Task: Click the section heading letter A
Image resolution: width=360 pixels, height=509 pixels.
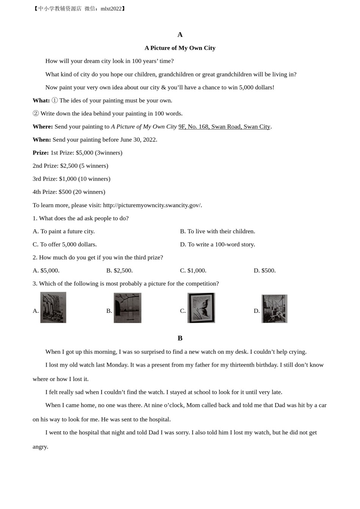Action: (180, 35)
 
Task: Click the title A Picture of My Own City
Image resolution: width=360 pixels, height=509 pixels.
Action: (180, 48)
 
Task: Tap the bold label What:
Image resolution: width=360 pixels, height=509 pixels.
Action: (41, 100)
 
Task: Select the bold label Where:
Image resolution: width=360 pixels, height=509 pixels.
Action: (42, 126)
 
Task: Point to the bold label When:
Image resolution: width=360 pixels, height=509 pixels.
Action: (42, 140)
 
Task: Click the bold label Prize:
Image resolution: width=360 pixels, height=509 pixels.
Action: (41, 153)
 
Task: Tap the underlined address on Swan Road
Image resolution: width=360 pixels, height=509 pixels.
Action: (224, 126)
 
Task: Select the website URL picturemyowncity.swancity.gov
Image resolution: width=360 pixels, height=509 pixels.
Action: (152, 205)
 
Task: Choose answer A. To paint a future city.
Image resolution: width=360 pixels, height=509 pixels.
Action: (64, 231)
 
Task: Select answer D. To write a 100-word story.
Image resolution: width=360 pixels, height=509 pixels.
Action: (218, 245)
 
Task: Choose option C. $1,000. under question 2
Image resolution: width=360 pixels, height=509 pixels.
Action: (193, 271)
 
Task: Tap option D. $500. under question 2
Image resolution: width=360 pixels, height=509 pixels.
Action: (265, 271)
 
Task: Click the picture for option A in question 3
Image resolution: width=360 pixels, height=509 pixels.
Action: (53, 308)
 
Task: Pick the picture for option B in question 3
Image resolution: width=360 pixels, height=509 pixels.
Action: (128, 308)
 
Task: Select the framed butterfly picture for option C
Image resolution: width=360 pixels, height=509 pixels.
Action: (201, 308)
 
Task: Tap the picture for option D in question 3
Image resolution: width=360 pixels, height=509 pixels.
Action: (274, 309)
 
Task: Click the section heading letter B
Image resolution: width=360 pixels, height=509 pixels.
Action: (180, 338)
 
